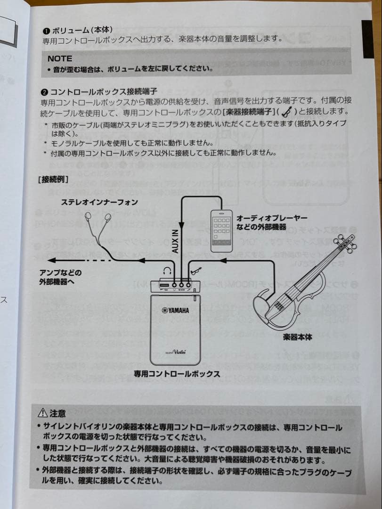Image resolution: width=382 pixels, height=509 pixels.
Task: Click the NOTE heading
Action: (x=60, y=58)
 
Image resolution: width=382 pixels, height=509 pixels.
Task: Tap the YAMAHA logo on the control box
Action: (x=176, y=310)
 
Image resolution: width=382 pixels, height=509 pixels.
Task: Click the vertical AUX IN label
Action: (x=175, y=241)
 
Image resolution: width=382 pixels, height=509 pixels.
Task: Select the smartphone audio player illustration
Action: (x=221, y=230)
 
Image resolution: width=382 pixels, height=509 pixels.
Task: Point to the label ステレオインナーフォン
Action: (x=99, y=202)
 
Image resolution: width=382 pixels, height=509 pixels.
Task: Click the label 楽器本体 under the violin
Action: (x=297, y=337)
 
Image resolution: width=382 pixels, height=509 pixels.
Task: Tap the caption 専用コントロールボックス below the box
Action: (x=176, y=374)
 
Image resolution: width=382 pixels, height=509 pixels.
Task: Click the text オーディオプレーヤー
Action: (x=271, y=218)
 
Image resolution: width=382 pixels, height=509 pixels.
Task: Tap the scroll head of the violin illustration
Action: (x=350, y=243)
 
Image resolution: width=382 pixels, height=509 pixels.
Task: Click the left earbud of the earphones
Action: (x=88, y=217)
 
